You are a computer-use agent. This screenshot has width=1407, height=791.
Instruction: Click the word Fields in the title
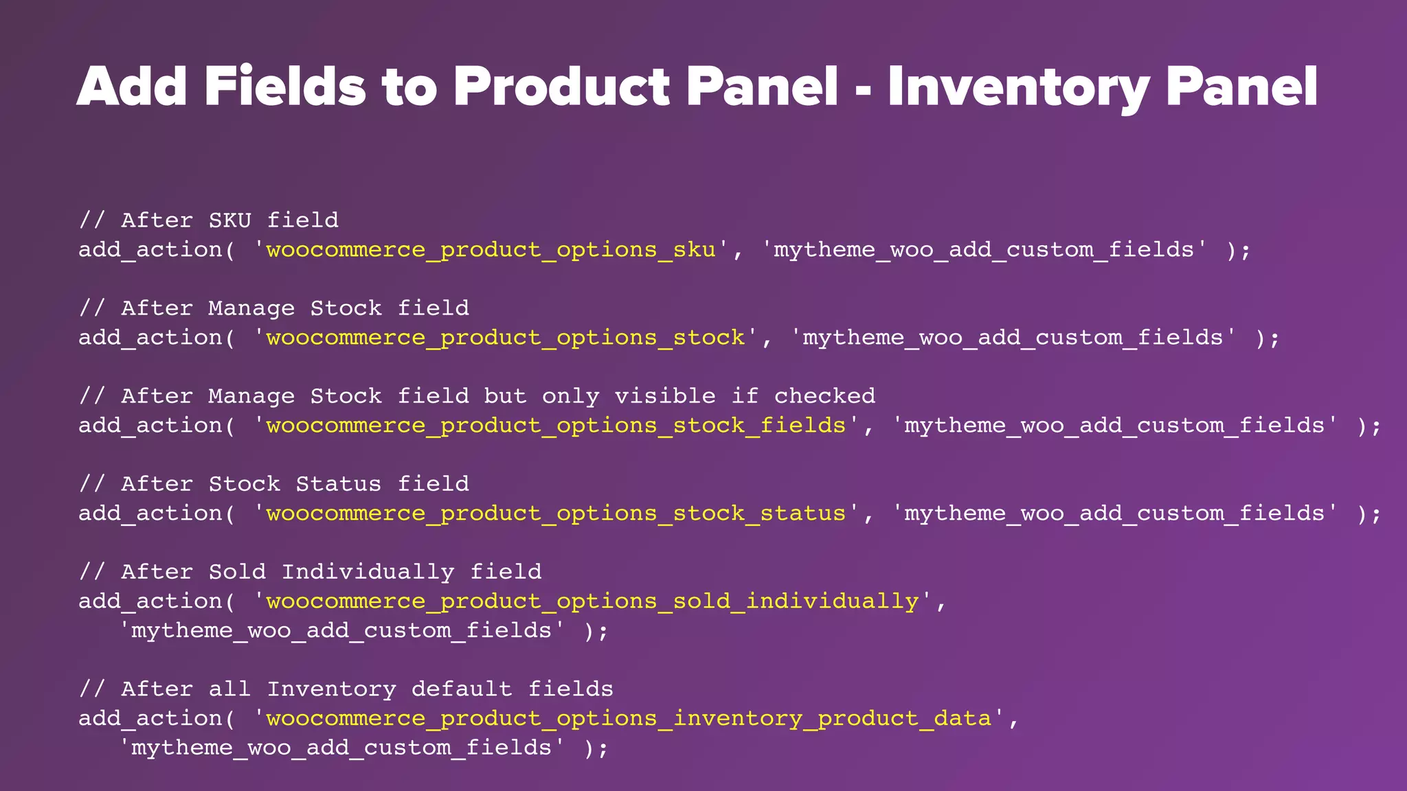(284, 87)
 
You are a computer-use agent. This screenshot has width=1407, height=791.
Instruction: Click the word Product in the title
(561, 87)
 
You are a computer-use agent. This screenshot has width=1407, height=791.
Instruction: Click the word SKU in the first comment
(230, 220)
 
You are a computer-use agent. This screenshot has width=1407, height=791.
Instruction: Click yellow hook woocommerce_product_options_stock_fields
(556, 426)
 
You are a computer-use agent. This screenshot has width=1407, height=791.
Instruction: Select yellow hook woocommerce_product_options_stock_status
(556, 514)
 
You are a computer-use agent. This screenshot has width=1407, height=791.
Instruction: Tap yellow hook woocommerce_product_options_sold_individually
(592, 601)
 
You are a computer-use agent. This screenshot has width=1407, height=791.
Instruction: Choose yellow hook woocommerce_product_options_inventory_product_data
(629, 719)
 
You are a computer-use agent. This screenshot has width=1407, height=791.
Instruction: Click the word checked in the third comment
(824, 396)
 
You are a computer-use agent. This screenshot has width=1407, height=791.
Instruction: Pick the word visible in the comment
(665, 396)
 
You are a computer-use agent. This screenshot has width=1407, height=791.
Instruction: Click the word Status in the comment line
(339, 484)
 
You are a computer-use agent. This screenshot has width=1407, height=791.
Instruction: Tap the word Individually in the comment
(368, 572)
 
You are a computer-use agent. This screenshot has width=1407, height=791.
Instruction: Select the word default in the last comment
(462, 689)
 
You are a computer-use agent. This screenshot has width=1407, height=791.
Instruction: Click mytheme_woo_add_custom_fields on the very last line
(341, 748)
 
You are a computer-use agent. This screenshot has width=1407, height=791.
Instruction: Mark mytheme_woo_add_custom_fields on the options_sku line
(984, 250)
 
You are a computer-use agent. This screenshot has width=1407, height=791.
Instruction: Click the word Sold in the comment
(237, 572)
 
